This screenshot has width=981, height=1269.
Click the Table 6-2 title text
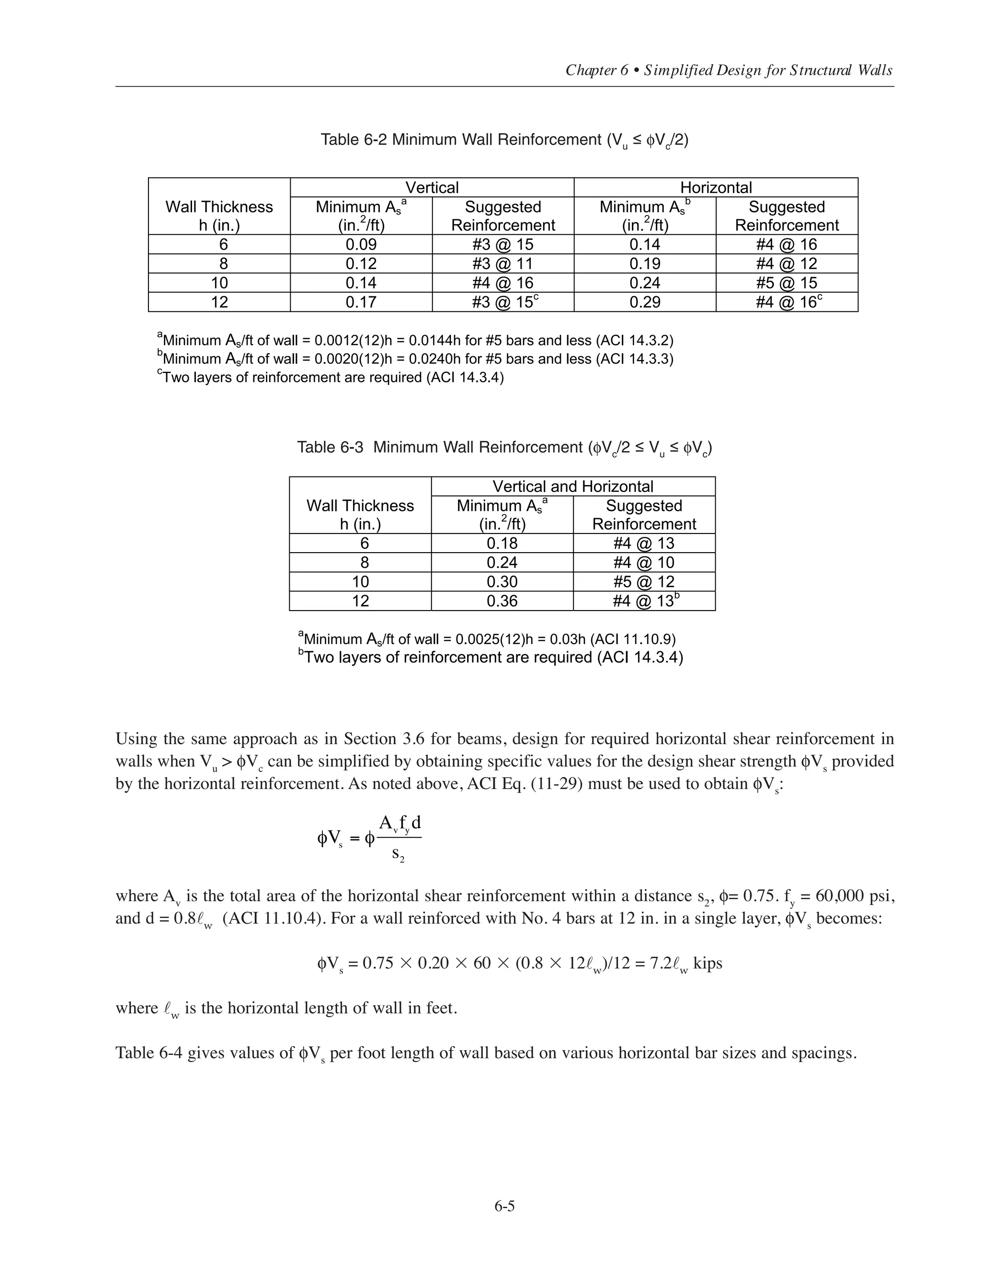[504, 140]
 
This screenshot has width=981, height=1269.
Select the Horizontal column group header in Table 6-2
[716, 187]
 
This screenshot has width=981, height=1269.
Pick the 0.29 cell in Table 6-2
[645, 302]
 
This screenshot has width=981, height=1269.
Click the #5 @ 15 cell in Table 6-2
[787, 283]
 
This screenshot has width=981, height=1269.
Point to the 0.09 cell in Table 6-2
[361, 245]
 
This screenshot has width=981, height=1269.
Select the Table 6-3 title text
[504, 447]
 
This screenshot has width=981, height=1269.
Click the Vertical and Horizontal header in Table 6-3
[572, 487]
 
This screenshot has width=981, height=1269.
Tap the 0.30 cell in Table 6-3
[502, 582]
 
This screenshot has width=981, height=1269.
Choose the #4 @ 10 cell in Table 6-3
[643, 563]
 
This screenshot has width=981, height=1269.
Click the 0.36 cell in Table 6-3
[502, 601]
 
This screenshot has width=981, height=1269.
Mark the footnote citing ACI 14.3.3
[415, 359]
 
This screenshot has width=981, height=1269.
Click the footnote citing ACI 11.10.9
[487, 639]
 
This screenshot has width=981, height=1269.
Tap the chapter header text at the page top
[729, 70]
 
